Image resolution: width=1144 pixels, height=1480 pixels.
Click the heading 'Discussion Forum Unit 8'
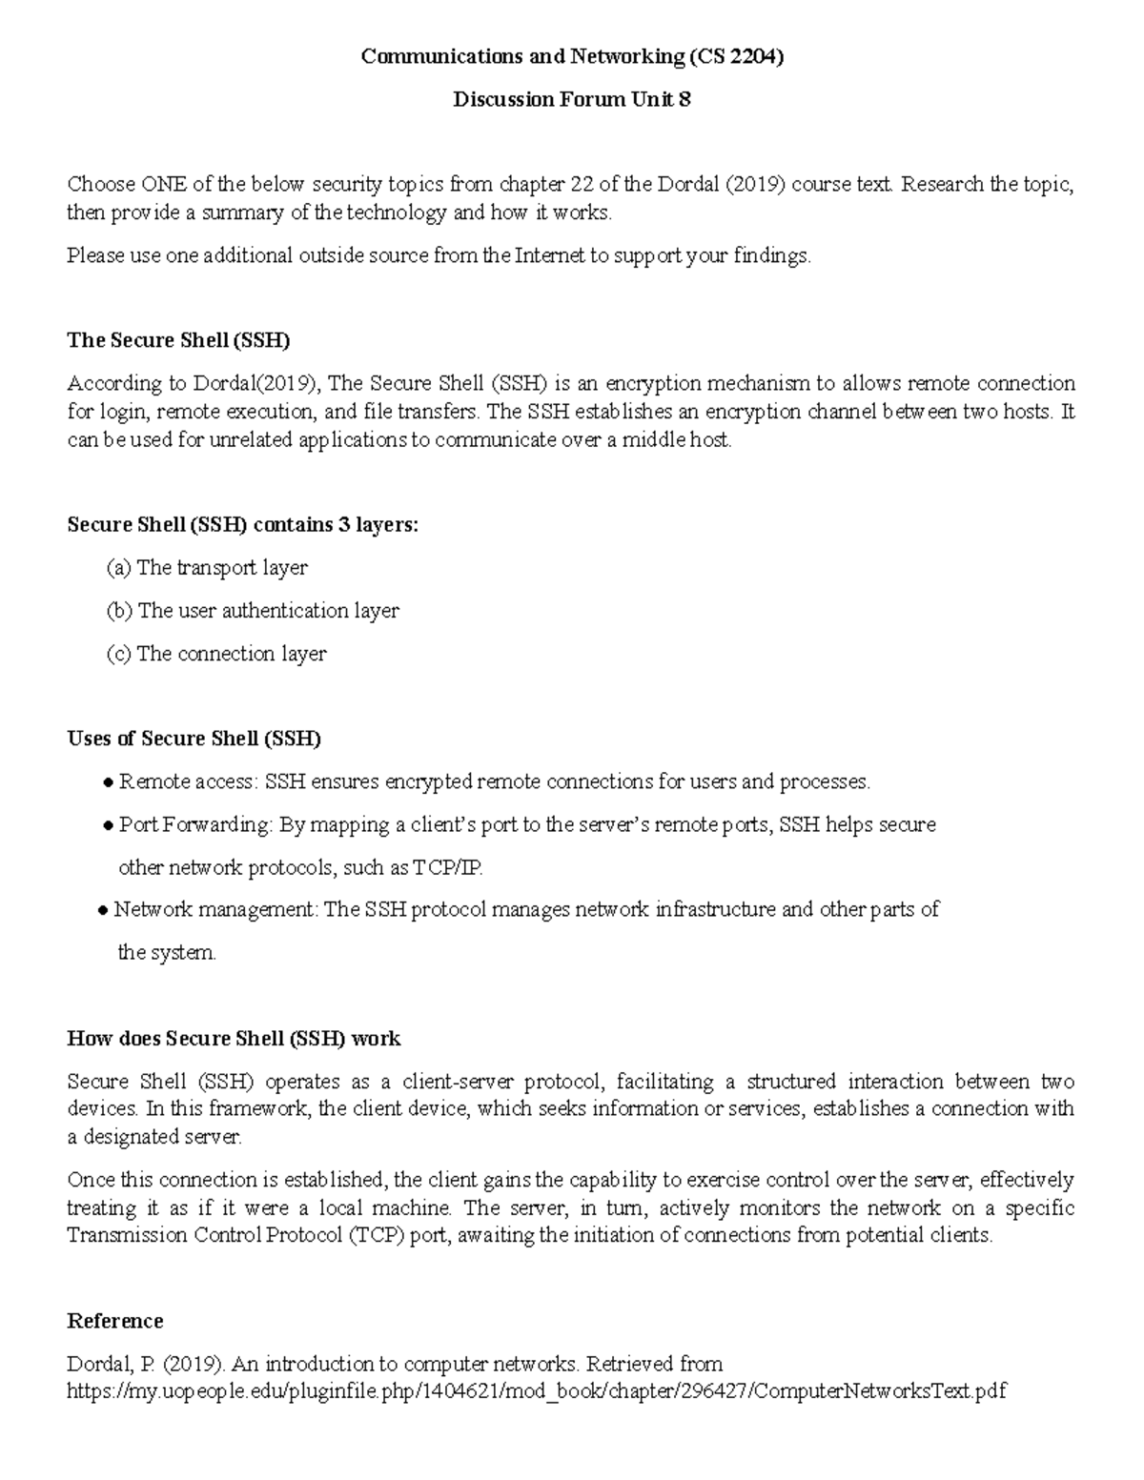571,100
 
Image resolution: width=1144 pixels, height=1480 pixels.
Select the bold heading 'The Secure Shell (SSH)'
178,340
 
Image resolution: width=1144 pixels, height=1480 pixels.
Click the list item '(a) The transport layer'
207,568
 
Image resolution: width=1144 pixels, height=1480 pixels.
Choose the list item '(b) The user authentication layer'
253,611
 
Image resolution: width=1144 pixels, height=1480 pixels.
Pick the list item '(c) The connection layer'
216,654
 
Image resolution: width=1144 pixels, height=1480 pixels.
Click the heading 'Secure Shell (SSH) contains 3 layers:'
242,525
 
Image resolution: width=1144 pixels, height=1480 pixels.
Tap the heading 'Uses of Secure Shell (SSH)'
194,739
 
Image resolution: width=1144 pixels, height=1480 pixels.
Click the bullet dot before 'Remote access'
108,783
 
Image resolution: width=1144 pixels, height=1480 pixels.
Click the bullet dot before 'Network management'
103,911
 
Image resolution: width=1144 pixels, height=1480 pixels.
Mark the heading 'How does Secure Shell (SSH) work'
234,1039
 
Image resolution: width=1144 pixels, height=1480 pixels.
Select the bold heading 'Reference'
114,1321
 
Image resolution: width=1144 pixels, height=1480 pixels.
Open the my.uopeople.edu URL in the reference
536,1391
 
